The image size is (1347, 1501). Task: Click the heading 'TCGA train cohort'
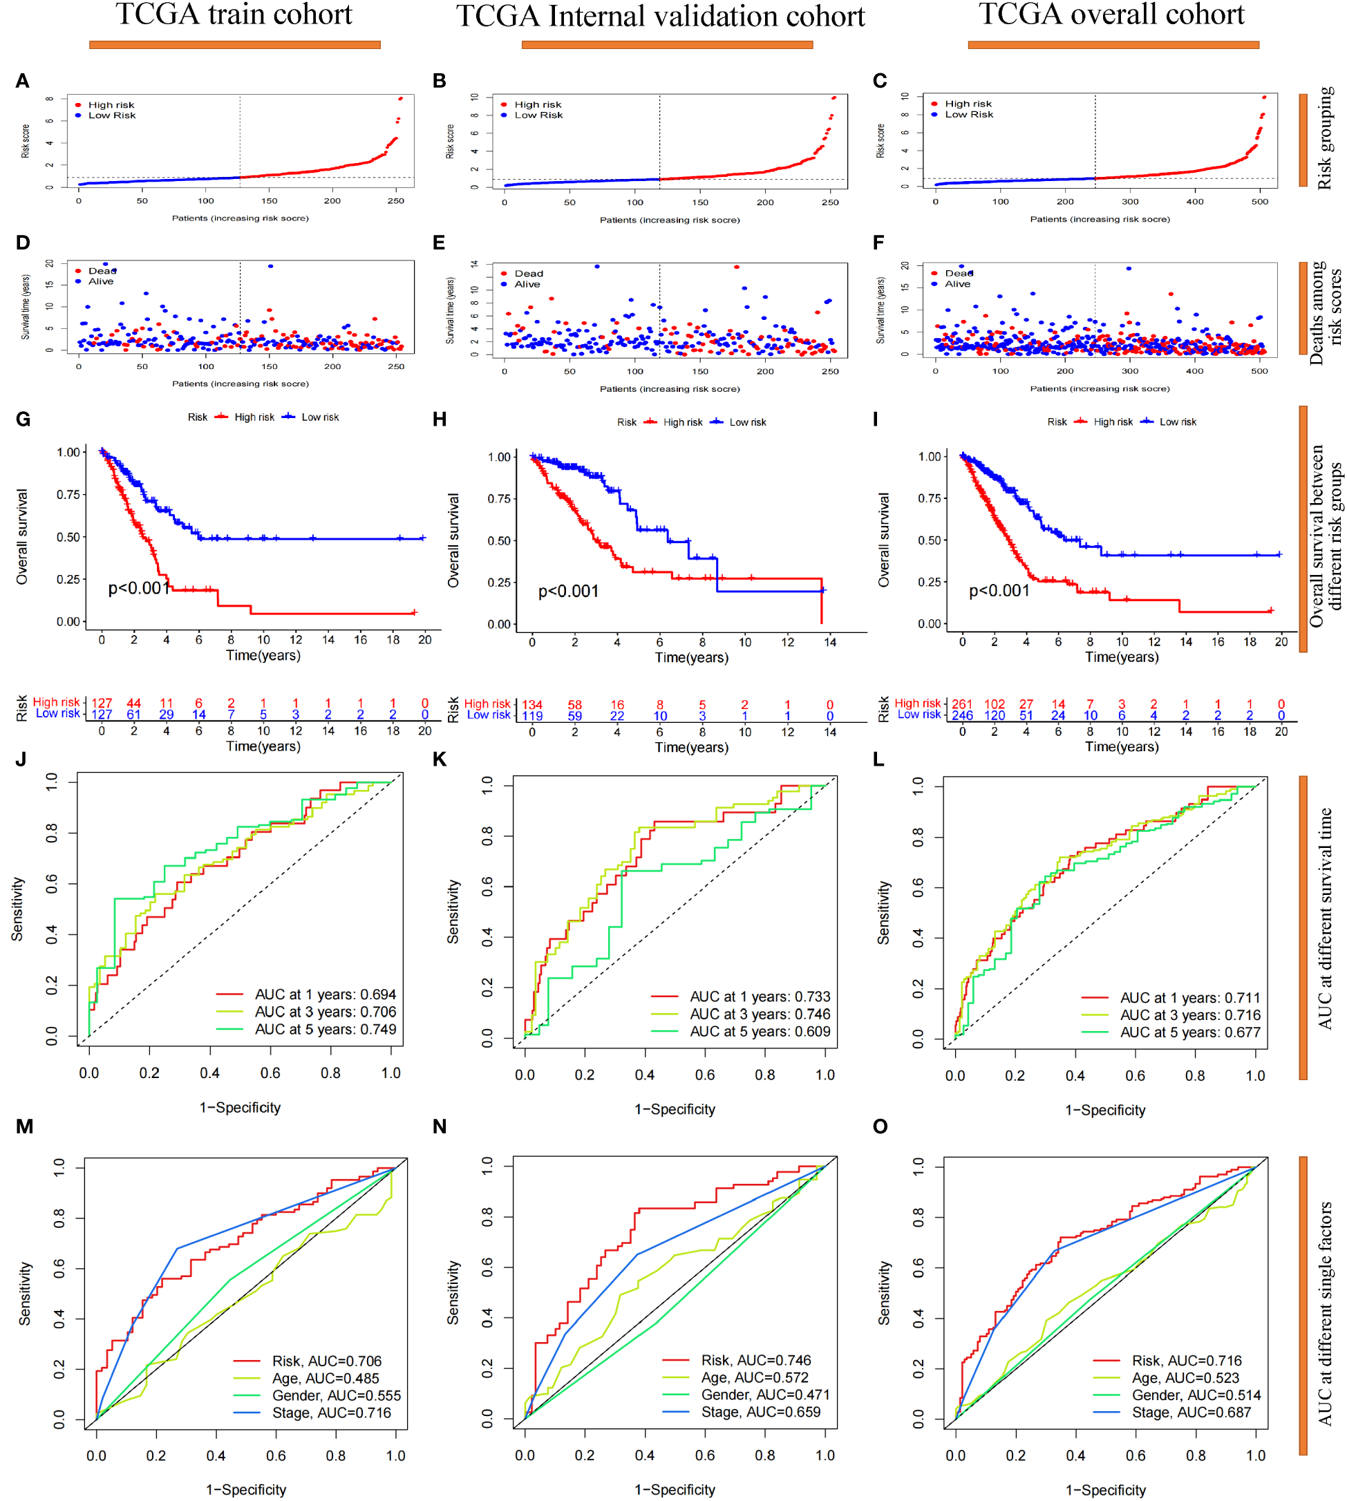(234, 15)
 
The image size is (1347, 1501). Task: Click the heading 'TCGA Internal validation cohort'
(660, 17)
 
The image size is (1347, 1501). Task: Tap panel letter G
(23, 419)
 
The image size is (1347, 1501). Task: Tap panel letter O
(880, 1126)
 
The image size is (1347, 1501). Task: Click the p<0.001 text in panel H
(567, 592)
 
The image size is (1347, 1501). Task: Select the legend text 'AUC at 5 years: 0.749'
(325, 1030)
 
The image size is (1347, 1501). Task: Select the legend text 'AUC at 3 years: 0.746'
(760, 1014)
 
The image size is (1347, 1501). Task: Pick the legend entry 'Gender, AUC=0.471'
(765, 1395)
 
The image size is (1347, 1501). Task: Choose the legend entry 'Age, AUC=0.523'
(1185, 1377)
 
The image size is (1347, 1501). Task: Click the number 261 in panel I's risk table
(961, 704)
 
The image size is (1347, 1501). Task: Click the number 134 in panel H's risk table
(532, 705)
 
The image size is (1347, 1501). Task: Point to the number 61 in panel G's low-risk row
(133, 715)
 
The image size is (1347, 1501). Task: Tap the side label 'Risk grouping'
(1324, 138)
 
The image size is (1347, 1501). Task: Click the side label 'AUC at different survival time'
(1324, 918)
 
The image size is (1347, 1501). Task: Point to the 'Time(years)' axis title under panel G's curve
(263, 655)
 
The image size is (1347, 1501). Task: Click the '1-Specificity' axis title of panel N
(675, 1489)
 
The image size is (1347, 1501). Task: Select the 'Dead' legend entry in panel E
(529, 273)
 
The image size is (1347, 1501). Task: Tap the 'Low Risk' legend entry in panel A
(112, 115)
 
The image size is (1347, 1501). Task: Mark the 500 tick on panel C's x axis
(1259, 201)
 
